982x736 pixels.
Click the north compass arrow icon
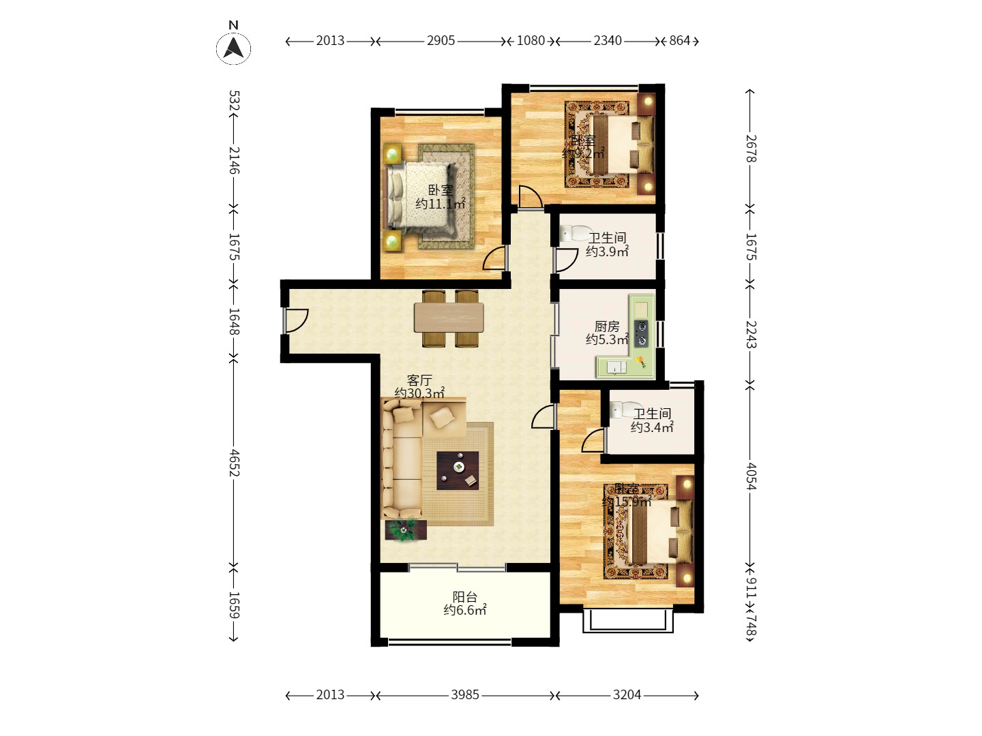(x=233, y=48)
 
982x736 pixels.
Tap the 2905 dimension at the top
(x=441, y=41)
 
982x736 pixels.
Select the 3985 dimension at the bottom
(x=464, y=695)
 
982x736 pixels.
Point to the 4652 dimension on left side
(x=233, y=462)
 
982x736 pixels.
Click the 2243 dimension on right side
(x=750, y=334)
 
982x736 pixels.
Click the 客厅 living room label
(x=419, y=380)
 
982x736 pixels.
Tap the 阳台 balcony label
(x=465, y=597)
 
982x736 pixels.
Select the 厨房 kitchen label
(x=607, y=326)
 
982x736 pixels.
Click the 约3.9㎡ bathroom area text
(x=607, y=251)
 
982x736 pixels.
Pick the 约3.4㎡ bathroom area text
(x=652, y=427)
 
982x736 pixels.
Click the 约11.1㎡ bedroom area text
(x=441, y=204)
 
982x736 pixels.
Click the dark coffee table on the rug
(x=458, y=470)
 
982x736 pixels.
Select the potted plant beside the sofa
(x=405, y=530)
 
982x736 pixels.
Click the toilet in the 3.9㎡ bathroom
(x=571, y=234)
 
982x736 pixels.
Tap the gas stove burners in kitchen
(x=641, y=333)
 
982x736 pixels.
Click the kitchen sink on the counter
(x=616, y=368)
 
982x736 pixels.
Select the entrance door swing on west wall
(x=297, y=320)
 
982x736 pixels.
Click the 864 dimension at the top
(x=679, y=41)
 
